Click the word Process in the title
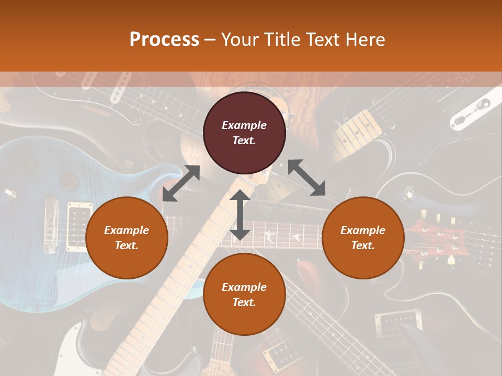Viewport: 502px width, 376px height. tap(164, 40)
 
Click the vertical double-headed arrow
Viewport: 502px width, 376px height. tap(239, 215)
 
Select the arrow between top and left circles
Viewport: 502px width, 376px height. tap(181, 183)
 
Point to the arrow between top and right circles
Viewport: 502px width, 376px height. tap(307, 178)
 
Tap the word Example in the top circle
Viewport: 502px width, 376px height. tap(244, 125)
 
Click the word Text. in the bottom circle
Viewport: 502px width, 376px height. tap(244, 302)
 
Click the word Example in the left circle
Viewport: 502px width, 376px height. tap(127, 230)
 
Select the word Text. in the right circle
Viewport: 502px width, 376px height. tap(363, 245)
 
